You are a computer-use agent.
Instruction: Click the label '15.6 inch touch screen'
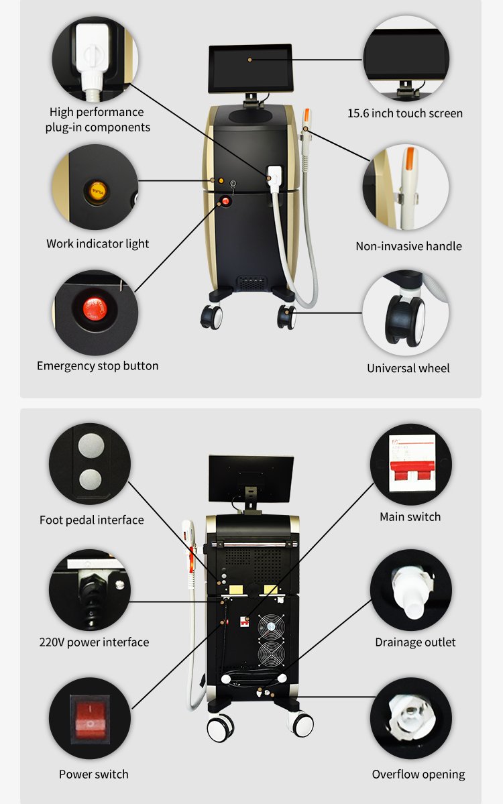tap(405, 113)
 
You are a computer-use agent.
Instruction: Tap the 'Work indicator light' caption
tap(97, 243)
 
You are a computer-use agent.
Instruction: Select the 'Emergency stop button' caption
tap(97, 365)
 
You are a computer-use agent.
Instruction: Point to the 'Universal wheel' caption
tap(408, 368)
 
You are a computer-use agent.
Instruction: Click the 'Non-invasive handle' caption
tap(408, 246)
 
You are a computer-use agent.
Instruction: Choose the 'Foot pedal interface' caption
tap(91, 520)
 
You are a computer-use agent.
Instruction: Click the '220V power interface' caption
tap(94, 642)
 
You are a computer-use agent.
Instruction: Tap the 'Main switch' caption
tap(410, 517)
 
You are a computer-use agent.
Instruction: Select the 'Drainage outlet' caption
tap(415, 642)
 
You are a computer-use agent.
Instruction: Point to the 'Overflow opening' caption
tap(418, 774)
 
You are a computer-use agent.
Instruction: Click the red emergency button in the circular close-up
tap(95, 309)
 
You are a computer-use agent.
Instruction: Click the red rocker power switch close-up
tap(90, 719)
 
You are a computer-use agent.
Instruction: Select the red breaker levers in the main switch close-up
tap(412, 469)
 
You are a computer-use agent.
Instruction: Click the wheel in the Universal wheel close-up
tap(406, 321)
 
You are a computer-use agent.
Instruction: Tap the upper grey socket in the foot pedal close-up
tap(91, 445)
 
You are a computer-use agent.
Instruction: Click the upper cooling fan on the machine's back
tap(271, 626)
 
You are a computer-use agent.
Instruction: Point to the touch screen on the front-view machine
tap(250, 68)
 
